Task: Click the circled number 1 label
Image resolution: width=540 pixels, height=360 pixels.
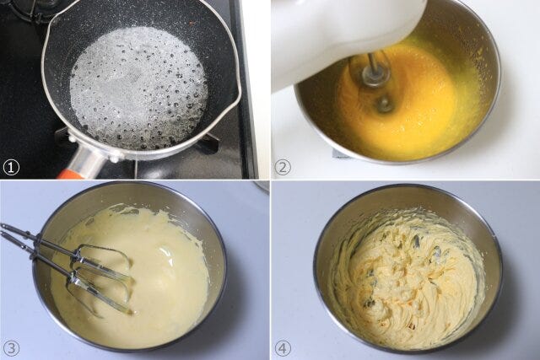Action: click(x=11, y=168)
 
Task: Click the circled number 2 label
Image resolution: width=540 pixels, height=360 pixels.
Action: click(x=283, y=168)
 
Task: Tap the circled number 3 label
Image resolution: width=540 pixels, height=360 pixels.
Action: click(x=11, y=348)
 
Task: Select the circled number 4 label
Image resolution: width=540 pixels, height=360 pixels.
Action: click(x=283, y=348)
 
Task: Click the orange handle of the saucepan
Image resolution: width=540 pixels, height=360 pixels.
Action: click(x=71, y=174)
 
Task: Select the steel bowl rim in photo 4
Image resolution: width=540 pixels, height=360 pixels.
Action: click(x=408, y=186)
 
